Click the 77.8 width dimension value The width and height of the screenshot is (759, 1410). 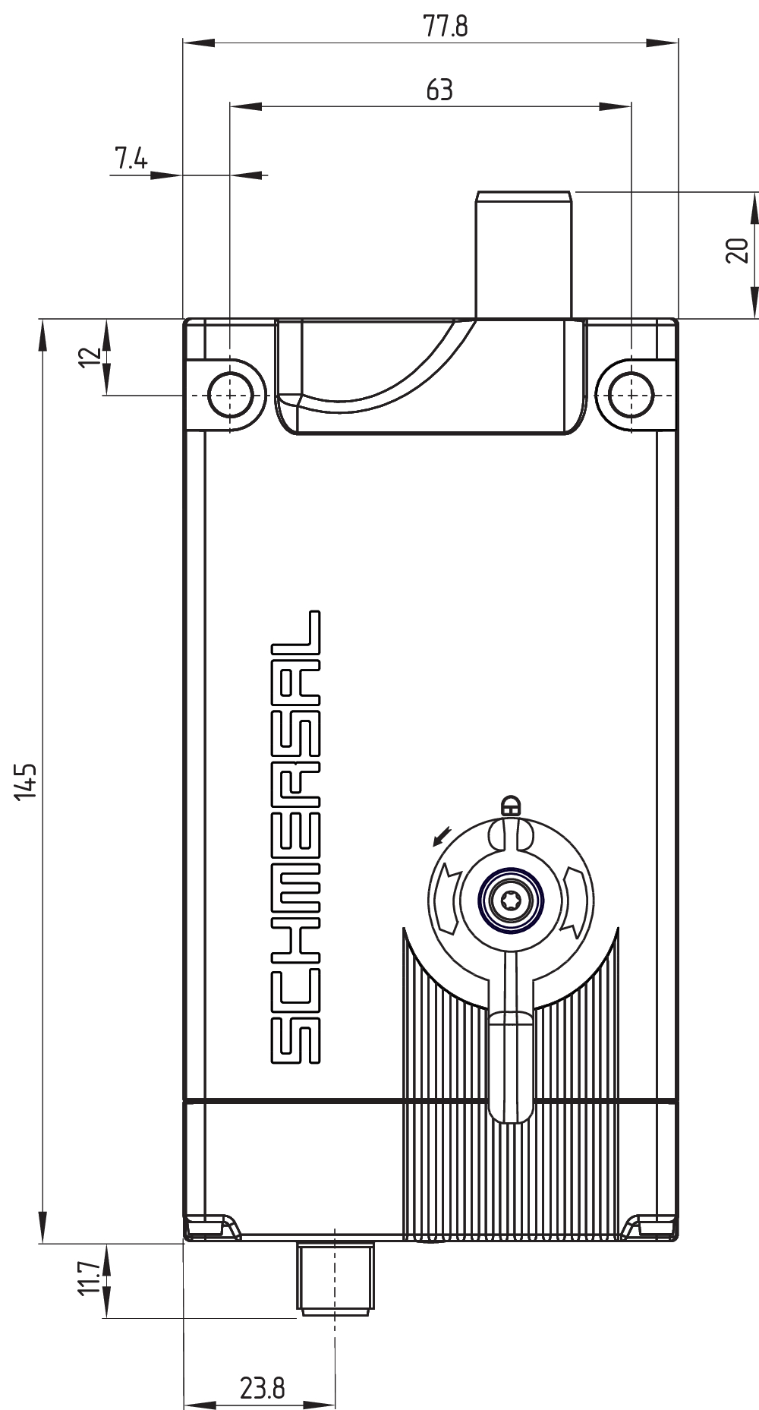point(446,27)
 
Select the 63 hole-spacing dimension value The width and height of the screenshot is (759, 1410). point(439,90)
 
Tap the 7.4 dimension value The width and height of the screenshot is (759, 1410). point(131,159)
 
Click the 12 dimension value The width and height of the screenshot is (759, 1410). point(90,357)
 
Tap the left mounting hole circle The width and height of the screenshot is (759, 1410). point(230,396)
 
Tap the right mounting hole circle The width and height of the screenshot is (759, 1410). point(631,396)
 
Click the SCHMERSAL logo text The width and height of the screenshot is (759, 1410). point(295,835)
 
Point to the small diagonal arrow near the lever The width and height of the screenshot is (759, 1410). point(440,836)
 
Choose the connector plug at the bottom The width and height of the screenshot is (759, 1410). point(335,1278)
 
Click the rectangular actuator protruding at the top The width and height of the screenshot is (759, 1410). point(523,254)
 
